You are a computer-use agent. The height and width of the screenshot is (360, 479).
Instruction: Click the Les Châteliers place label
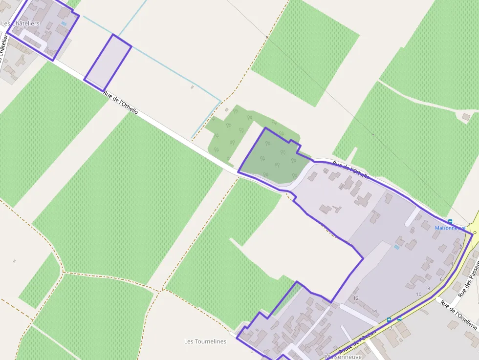point(21,23)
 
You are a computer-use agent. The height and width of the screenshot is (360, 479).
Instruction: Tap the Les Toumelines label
point(205,341)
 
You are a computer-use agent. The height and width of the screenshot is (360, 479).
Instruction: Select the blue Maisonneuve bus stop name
point(450,228)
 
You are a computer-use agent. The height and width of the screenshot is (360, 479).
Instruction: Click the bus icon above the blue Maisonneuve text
point(450,221)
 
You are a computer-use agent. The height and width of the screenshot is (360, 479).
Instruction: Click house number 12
point(356,298)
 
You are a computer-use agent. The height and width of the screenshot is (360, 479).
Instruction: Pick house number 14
point(374,311)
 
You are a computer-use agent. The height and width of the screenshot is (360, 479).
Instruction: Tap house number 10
point(418,294)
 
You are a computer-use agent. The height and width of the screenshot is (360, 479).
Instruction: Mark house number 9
point(391,328)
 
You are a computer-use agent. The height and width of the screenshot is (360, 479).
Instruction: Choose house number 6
point(441,279)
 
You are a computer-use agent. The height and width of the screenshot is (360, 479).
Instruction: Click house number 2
point(460,247)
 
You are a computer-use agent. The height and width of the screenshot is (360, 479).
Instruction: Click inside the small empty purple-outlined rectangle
point(108,63)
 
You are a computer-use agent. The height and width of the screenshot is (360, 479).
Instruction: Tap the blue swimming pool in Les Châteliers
point(64,23)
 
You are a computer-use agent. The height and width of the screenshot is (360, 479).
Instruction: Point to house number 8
point(429,288)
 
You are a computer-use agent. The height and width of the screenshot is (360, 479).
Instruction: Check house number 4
point(452,264)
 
